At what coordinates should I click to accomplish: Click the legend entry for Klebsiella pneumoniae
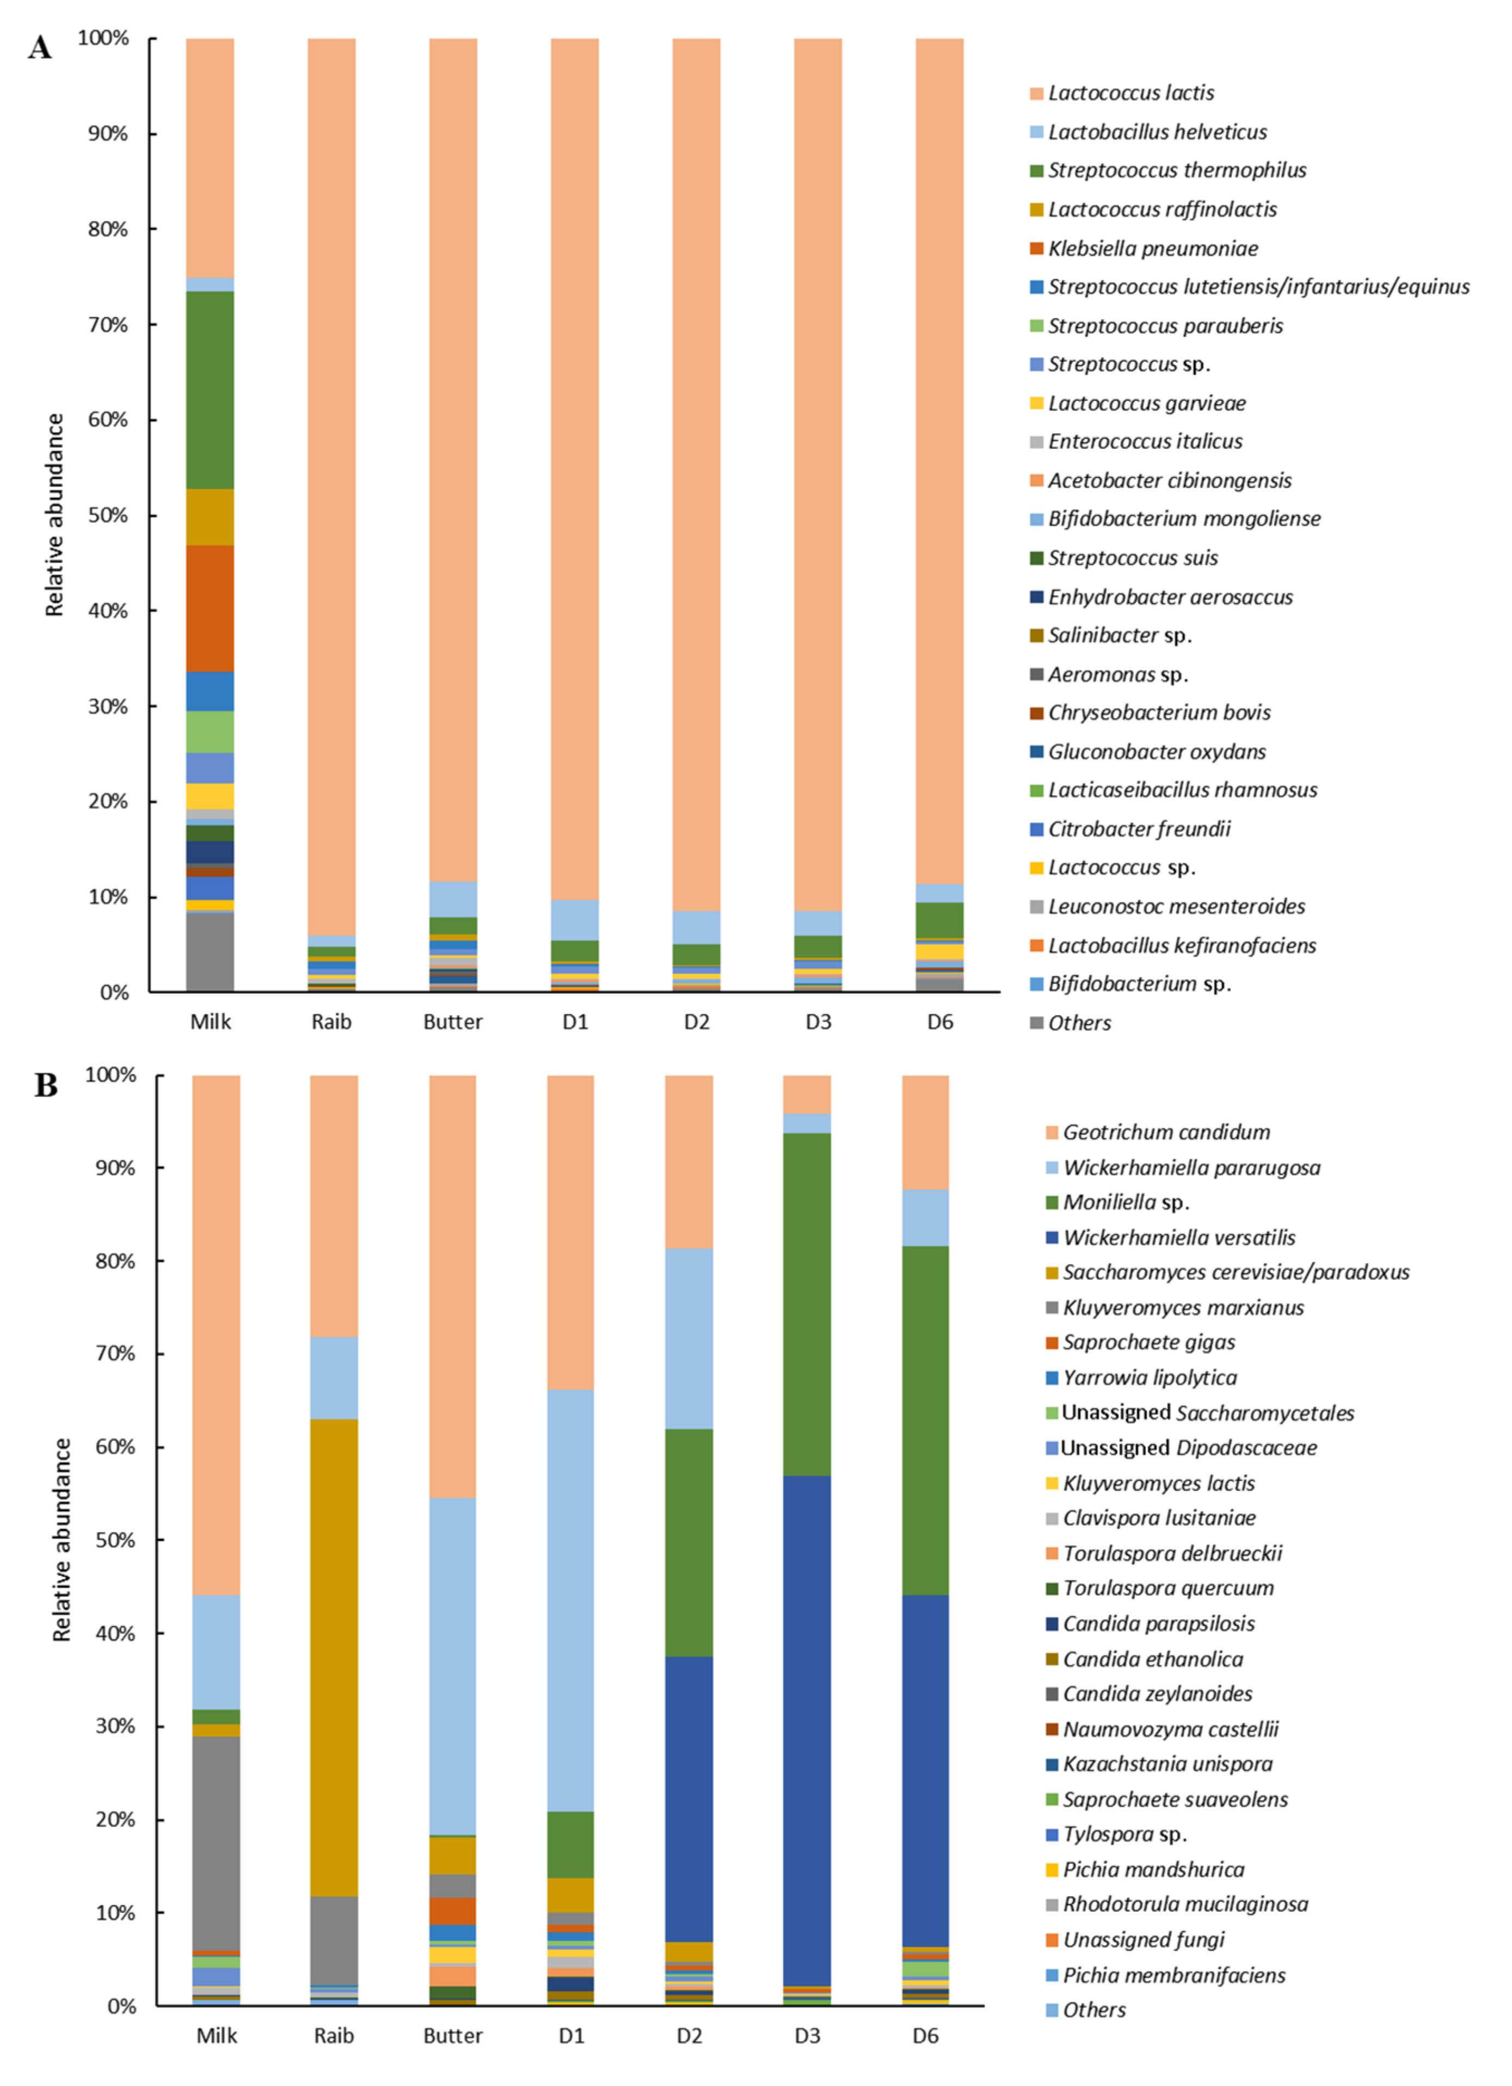(x=1152, y=248)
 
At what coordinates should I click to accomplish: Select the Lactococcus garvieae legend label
(x=1146, y=403)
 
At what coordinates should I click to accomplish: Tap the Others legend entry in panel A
(x=1079, y=1023)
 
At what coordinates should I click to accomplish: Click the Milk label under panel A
(x=211, y=1022)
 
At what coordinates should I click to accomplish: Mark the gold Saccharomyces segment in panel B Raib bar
(x=334, y=1656)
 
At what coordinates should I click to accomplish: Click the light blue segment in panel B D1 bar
(x=570, y=1601)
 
